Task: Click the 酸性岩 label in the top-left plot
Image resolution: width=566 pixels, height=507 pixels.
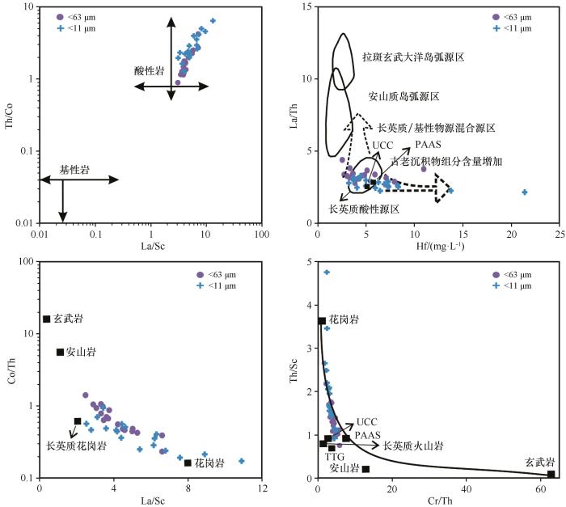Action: tap(150, 71)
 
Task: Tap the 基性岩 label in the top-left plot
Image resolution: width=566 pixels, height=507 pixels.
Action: tap(75, 171)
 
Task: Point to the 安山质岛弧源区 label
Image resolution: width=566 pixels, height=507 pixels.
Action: tap(404, 96)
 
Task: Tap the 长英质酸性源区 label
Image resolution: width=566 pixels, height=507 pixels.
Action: tap(364, 209)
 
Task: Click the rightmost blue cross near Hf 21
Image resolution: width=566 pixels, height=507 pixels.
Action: tap(525, 192)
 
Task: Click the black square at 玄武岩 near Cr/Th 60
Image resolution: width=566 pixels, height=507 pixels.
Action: tap(551, 474)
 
